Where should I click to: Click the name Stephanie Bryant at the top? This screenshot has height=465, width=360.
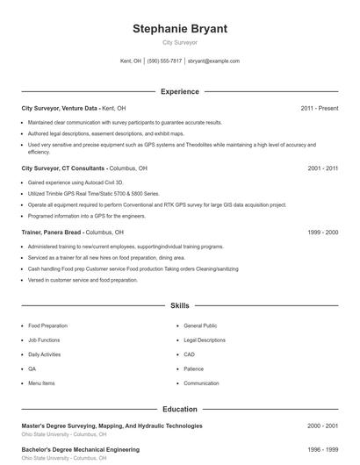[x=180, y=29]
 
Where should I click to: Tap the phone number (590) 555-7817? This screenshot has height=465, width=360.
[x=164, y=61]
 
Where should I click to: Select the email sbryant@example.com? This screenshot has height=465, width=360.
[x=214, y=61]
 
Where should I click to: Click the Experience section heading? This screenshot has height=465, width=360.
[x=180, y=91]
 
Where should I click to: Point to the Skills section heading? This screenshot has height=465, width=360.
[x=180, y=306]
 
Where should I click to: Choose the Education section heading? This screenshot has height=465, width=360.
[x=180, y=409]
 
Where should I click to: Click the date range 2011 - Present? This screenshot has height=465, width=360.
[x=319, y=108]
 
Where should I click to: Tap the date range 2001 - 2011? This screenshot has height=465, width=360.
[x=322, y=168]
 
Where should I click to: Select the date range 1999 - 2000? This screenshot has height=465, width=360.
[x=322, y=232]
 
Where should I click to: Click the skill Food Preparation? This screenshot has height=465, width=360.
[x=47, y=325]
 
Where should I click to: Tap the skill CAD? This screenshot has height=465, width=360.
[x=189, y=354]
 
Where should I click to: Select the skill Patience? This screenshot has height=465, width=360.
[x=194, y=369]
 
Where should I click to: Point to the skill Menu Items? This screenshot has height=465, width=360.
[x=41, y=383]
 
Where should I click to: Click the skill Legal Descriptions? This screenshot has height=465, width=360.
[x=205, y=340]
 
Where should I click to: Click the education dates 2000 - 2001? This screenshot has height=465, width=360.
[x=322, y=426]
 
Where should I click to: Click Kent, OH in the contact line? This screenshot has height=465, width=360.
[x=131, y=61]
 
